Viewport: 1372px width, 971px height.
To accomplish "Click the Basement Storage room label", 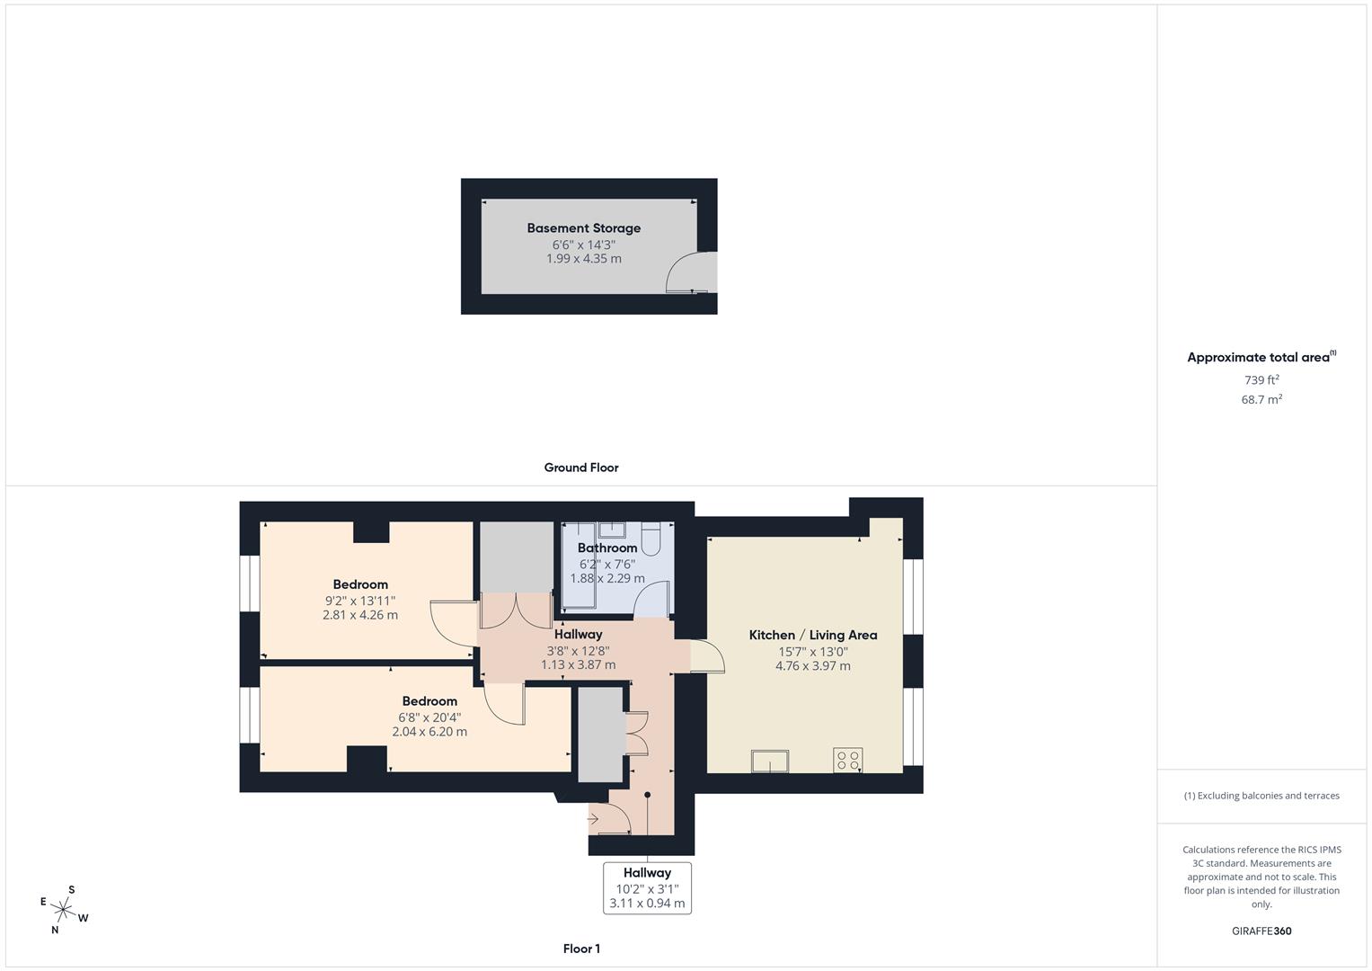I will (x=583, y=228).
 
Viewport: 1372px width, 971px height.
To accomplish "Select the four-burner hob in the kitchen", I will (x=847, y=761).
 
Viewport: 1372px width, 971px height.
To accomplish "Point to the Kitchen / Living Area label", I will (x=812, y=635).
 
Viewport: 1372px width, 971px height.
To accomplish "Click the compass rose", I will (x=64, y=909).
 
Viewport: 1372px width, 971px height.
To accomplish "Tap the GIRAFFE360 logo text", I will (x=1261, y=931).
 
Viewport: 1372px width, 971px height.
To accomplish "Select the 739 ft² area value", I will (x=1261, y=380).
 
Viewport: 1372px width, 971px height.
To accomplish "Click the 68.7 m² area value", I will (x=1261, y=399).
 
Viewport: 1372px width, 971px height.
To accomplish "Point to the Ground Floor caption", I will (x=581, y=468).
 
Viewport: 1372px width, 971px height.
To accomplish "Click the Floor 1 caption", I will (x=581, y=949).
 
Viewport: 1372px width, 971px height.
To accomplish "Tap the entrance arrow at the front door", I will (x=593, y=819).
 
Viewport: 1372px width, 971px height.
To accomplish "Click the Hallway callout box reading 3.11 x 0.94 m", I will (x=647, y=888).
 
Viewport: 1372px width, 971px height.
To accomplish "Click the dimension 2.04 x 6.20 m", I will (x=429, y=732).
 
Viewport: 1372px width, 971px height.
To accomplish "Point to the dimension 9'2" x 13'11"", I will (x=360, y=601).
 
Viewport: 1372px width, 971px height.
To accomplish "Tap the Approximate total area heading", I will (x=1261, y=357).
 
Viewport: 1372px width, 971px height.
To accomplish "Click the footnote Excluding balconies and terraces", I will (x=1261, y=796).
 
